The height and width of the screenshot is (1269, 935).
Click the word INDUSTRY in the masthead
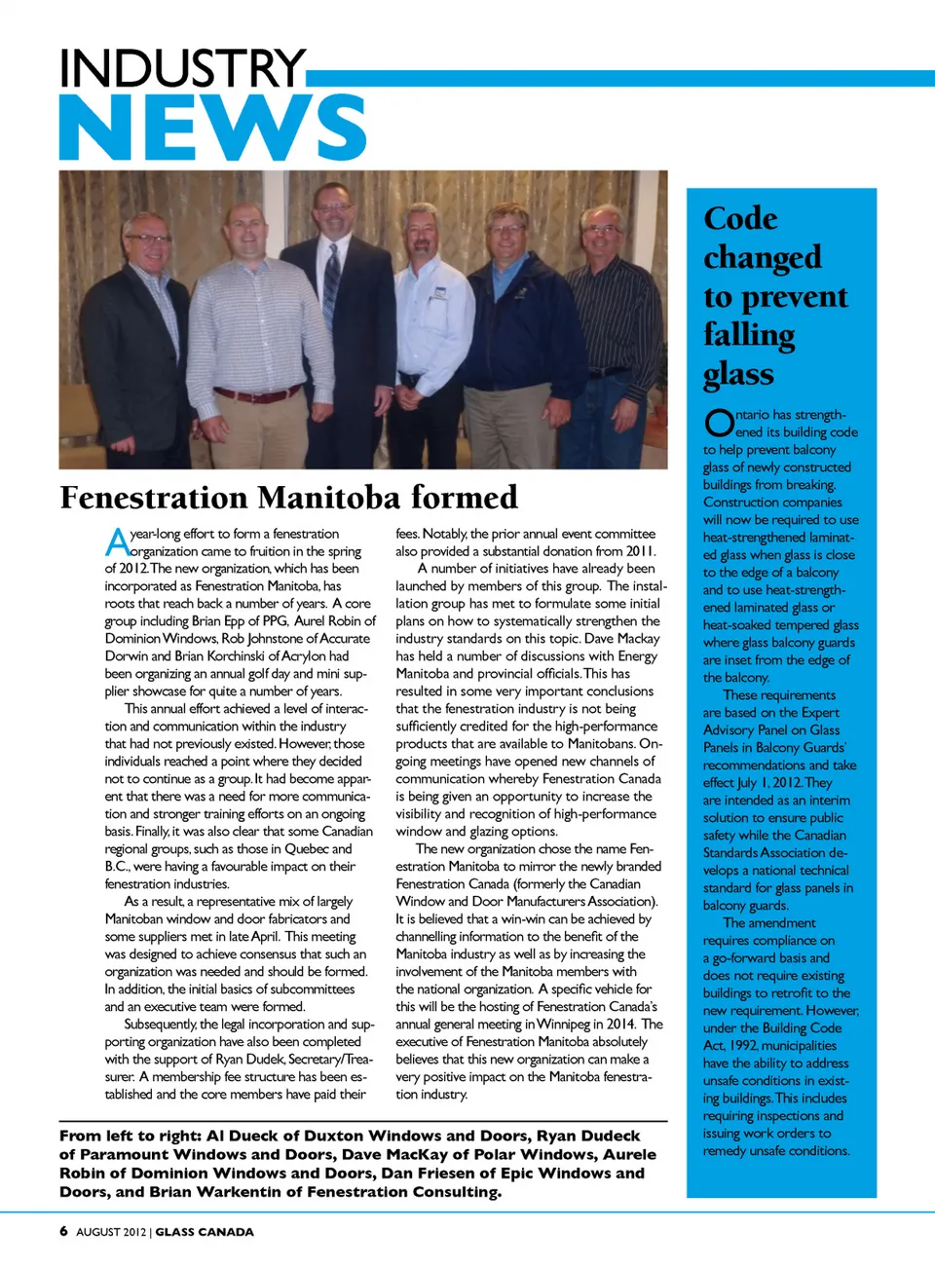click(x=182, y=68)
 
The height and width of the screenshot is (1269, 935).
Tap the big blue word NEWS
click(x=212, y=128)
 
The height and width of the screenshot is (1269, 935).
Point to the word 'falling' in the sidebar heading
click(x=749, y=335)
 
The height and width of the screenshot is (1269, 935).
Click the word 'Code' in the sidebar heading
click(x=740, y=218)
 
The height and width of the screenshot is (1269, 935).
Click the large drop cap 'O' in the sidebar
click(x=719, y=423)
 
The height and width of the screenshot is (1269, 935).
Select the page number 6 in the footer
click(x=63, y=1231)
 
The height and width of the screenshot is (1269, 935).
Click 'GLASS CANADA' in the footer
click(x=205, y=1232)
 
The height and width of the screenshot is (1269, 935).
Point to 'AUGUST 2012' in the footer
click(x=111, y=1232)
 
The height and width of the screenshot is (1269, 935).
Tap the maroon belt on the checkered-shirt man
click(x=256, y=394)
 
